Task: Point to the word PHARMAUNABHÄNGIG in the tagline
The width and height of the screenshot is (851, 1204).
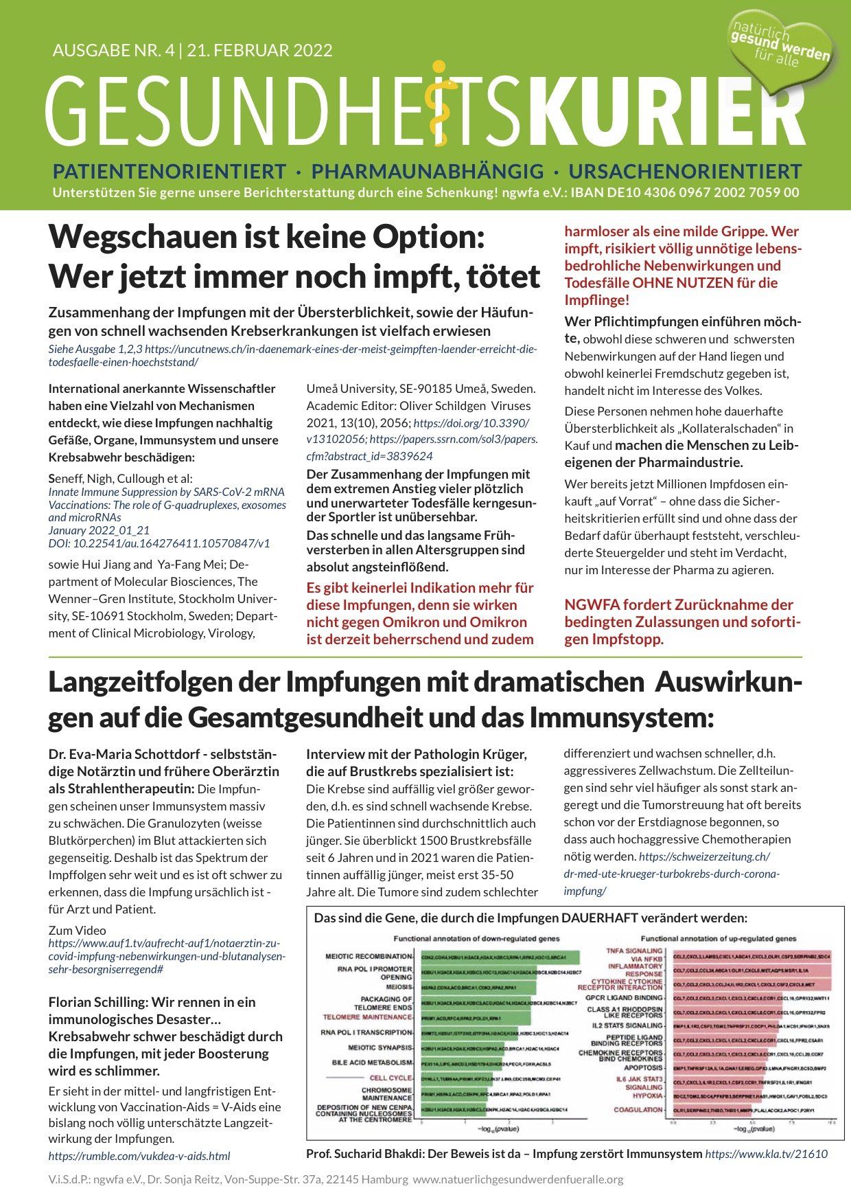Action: (x=427, y=171)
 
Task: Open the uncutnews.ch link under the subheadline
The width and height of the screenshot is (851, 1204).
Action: (x=292, y=355)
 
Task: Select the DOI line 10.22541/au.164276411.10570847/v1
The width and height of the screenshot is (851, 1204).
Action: (x=159, y=543)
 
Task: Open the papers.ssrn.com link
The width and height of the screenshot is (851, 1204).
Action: (x=453, y=438)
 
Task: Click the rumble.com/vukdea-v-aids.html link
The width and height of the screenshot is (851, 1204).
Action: (x=139, y=1156)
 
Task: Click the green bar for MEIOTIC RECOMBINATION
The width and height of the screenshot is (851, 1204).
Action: (x=500, y=957)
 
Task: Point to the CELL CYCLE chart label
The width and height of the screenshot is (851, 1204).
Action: (x=390, y=1078)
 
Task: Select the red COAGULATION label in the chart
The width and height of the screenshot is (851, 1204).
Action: (x=638, y=1109)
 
